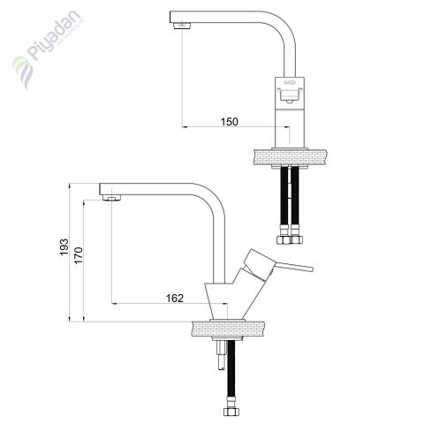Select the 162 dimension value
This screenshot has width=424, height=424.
coord(174,299)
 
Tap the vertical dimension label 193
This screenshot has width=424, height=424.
coord(64,251)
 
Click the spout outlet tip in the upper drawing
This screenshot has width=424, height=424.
coord(182,25)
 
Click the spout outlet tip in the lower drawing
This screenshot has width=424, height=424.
coord(111,197)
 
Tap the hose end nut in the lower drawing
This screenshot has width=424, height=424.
coord(231,411)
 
